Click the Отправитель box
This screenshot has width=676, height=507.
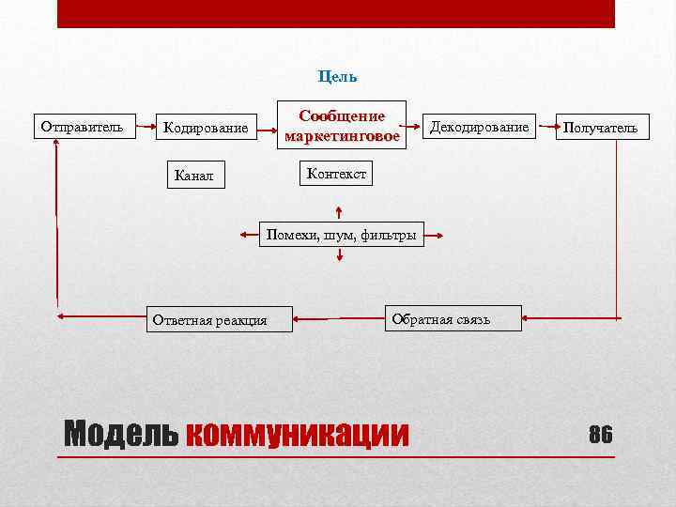pos(83,126)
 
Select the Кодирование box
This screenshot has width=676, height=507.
pos(206,127)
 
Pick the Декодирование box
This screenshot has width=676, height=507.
pos(479,127)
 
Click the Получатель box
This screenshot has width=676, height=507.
pos(600,127)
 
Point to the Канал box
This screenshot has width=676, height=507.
pos(194,174)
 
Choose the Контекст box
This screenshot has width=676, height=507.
pos(335,173)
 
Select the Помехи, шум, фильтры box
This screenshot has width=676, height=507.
pos(341,234)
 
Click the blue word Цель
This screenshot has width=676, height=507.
pos(337,76)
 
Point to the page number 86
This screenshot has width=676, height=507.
pos(600,434)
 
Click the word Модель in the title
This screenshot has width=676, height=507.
pos(120,434)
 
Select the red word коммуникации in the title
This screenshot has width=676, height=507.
pos(298,434)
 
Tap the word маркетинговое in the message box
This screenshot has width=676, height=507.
pos(342,136)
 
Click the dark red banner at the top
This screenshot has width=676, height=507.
pos(336,13)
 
